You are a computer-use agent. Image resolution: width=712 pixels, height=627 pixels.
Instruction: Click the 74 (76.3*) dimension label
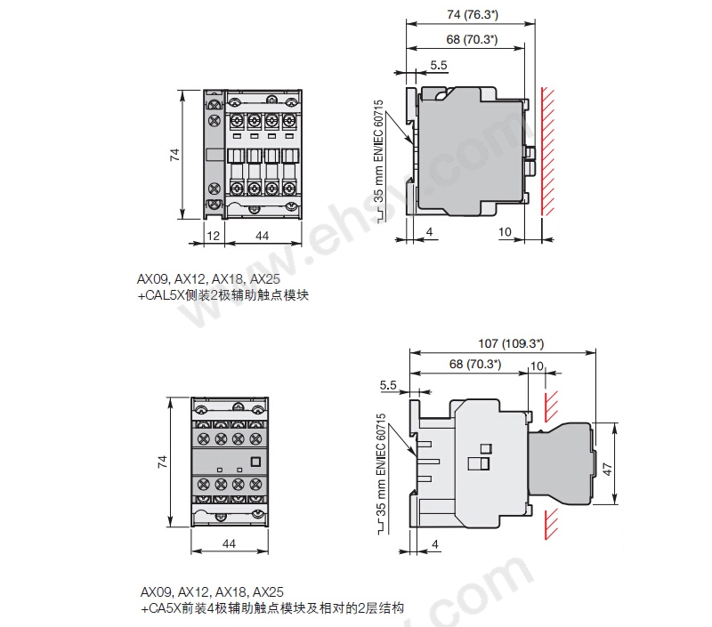click(473, 14)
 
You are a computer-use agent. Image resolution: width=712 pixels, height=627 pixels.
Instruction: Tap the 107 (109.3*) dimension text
click(511, 343)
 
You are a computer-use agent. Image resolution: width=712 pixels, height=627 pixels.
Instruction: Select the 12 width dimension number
click(213, 236)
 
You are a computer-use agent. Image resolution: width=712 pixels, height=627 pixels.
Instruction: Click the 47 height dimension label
click(607, 469)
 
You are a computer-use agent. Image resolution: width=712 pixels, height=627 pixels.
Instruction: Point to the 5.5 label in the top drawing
click(439, 65)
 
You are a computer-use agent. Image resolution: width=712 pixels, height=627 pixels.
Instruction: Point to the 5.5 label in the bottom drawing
click(388, 385)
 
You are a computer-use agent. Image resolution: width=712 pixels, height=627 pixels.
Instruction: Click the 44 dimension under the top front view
click(262, 236)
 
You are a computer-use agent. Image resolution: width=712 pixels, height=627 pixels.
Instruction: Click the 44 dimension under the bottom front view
click(229, 543)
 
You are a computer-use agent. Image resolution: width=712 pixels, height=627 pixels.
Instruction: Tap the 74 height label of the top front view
click(174, 155)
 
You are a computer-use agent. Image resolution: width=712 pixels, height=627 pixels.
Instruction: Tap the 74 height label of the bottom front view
click(162, 462)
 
